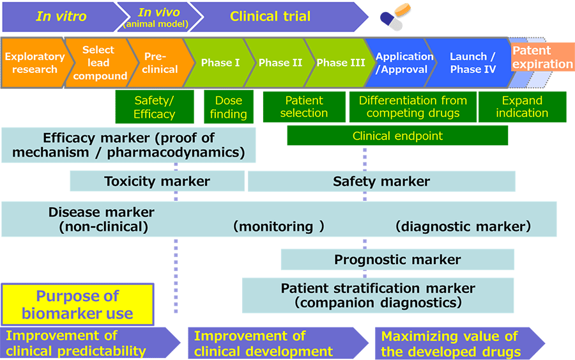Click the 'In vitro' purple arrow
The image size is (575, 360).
coord(63,17)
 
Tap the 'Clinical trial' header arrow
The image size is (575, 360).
coord(275,17)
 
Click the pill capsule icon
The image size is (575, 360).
coord(395,17)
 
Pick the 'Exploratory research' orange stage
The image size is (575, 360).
coord(35,63)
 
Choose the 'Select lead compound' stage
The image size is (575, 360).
coord(99,63)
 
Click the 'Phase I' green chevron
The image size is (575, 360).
coord(220,63)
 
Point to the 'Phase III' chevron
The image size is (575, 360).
coord(341,63)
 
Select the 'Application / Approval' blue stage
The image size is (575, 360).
coord(402,63)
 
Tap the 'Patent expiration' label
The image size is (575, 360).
coord(542,57)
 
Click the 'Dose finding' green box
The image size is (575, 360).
coord(229,107)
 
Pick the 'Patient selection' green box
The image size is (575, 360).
coord(304,107)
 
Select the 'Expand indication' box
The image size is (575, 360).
coord(522,107)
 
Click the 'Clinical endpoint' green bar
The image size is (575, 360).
coord(397,136)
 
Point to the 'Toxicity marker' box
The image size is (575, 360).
coord(157,181)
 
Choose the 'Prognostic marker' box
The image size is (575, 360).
coord(397,260)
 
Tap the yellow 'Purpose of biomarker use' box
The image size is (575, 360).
coord(77,304)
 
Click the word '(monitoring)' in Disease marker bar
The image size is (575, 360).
coord(279,226)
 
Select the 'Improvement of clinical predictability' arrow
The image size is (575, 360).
coord(90,343)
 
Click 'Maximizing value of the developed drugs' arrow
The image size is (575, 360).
coord(460,343)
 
